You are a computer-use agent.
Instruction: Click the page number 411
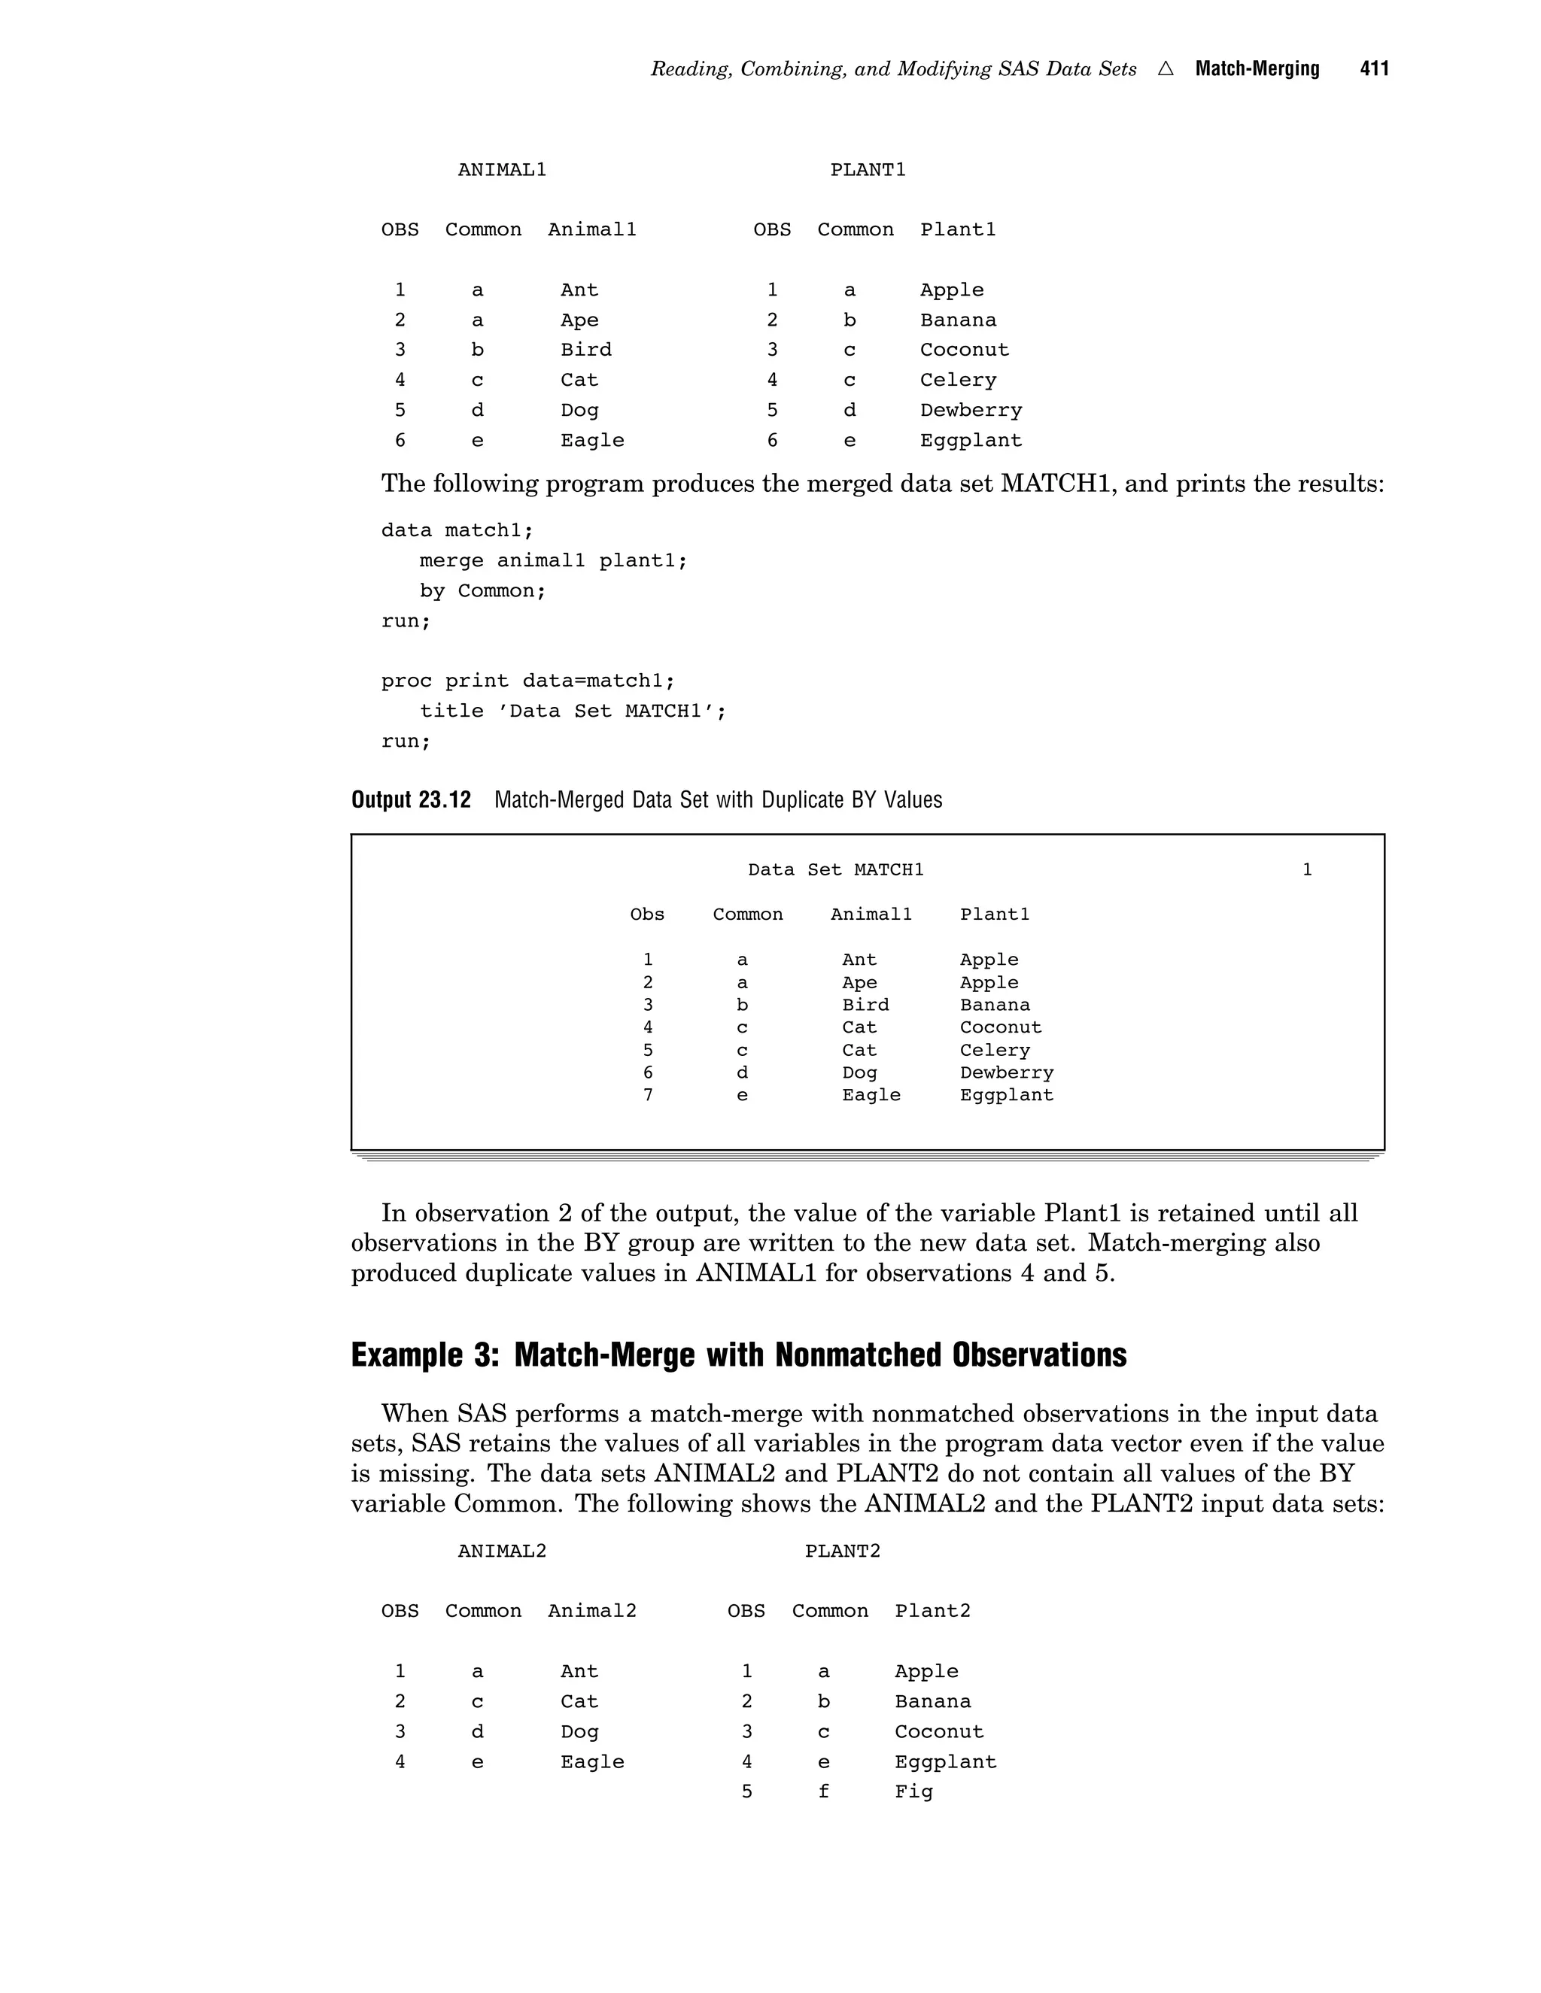click(1373, 69)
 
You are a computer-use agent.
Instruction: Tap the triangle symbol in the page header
click(1165, 69)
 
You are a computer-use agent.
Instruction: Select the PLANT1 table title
click(868, 170)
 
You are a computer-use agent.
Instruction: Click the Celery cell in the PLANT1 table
click(958, 381)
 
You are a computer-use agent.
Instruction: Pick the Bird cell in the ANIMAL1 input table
click(585, 350)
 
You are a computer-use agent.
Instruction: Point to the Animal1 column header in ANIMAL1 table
click(591, 230)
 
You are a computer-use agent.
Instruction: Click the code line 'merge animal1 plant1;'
click(552, 560)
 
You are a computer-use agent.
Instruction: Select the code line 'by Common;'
click(482, 590)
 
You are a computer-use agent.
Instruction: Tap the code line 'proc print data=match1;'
click(527, 681)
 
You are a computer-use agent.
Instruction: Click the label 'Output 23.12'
click(411, 800)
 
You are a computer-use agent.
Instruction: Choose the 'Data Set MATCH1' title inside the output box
click(835, 869)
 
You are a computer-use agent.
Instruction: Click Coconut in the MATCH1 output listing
click(1000, 1027)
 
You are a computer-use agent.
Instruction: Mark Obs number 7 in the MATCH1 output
click(647, 1095)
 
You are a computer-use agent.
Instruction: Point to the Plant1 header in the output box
click(994, 915)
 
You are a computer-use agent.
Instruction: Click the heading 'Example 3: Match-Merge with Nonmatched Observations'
click(739, 1355)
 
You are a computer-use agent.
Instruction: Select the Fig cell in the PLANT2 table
click(913, 1791)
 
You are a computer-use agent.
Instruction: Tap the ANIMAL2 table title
click(501, 1552)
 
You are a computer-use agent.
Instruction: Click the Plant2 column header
click(932, 1612)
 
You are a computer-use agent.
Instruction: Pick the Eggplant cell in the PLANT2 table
click(945, 1761)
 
